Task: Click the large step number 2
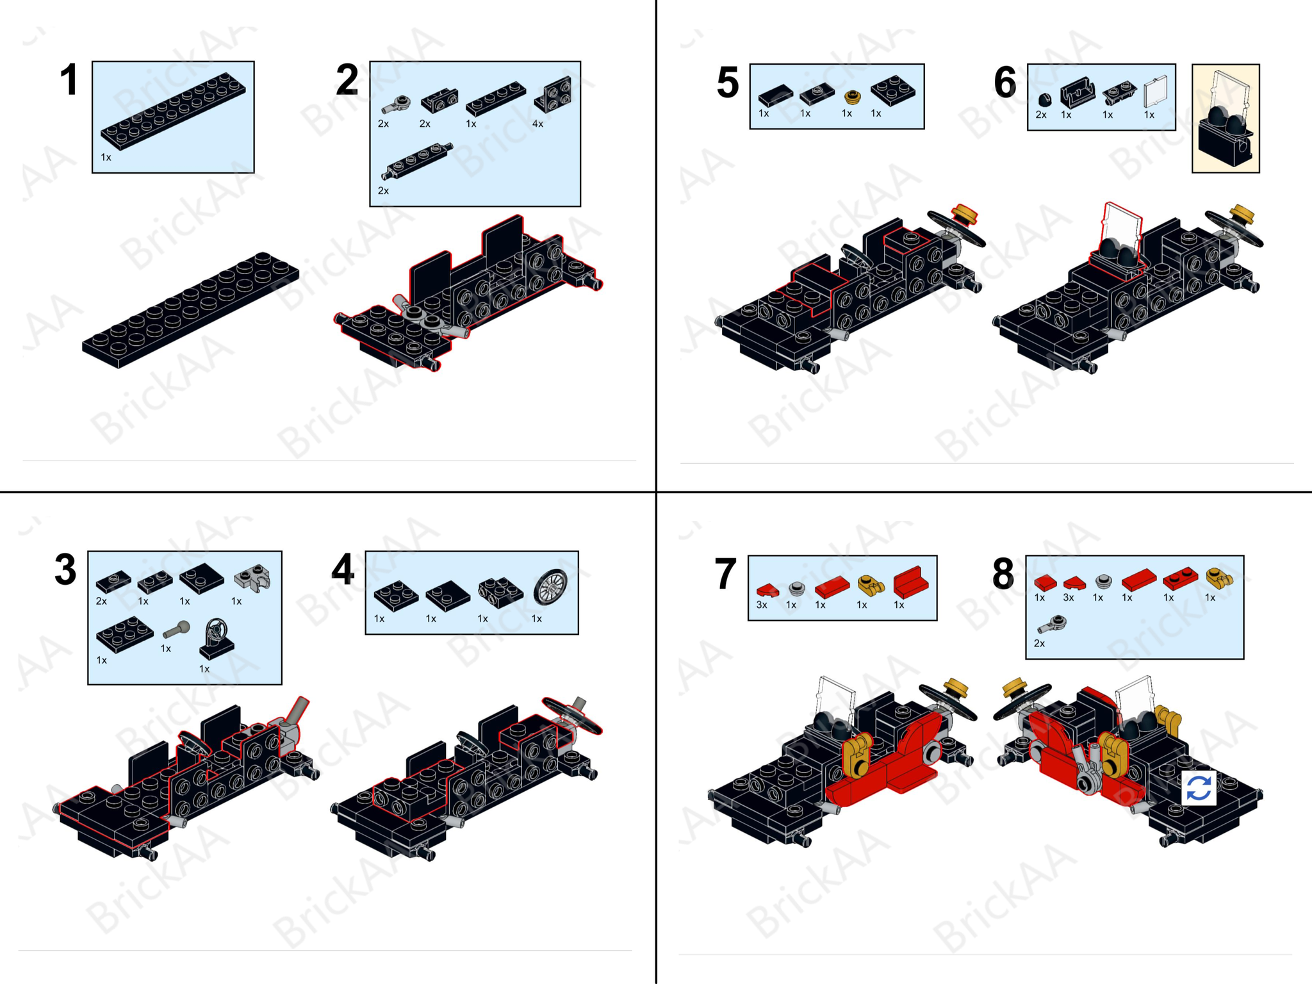pos(347,80)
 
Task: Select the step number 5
pos(728,83)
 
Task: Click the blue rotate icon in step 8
pos(1199,787)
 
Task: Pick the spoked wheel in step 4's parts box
pos(550,586)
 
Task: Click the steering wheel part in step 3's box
pos(217,639)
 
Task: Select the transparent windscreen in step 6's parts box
pos(1156,92)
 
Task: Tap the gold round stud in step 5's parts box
pos(852,97)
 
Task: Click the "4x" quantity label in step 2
pos(537,124)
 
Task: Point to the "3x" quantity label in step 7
pos(762,605)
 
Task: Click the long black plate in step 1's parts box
pos(173,111)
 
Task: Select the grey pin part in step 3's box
pos(176,630)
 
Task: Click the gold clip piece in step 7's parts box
pos(871,584)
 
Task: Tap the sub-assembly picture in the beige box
pos(1226,119)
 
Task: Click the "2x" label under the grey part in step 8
pos(1039,643)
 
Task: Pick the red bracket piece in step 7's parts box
pos(910,582)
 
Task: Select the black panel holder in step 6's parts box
pos(1077,93)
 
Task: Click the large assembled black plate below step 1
pos(191,310)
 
